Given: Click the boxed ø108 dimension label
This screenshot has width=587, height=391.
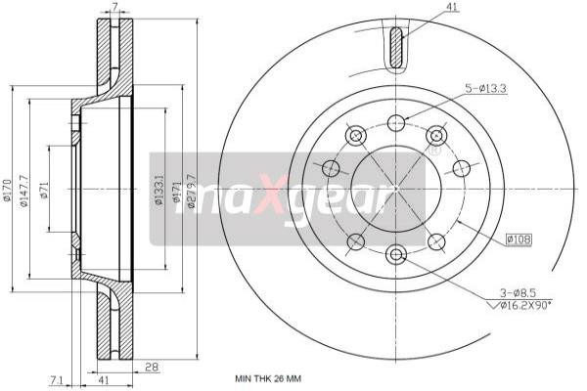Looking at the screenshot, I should tap(519, 238).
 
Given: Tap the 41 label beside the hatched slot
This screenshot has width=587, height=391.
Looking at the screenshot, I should tap(425, 8).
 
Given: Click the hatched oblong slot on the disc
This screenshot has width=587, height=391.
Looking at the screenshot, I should tap(396, 49).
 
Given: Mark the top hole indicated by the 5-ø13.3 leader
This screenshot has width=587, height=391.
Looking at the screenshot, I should tap(396, 122).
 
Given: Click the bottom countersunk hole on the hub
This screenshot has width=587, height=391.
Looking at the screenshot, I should tap(396, 255).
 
